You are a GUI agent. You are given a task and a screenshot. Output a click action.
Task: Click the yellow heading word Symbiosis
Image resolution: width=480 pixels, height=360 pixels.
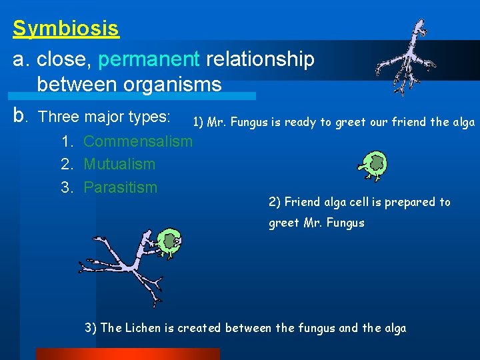click(66, 29)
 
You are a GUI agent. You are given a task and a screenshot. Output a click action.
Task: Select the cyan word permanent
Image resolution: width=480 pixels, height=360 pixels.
click(149, 59)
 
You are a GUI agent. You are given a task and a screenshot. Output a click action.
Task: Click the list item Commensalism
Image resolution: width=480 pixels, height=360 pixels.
click(137, 141)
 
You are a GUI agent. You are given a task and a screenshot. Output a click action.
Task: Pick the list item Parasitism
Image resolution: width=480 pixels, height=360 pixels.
click(120, 187)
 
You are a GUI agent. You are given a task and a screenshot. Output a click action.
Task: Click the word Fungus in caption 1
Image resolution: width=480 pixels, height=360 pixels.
click(257, 122)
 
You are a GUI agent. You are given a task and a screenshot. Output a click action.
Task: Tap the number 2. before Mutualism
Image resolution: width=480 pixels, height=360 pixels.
click(67, 164)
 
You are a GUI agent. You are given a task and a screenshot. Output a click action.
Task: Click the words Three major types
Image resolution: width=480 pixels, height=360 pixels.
click(104, 117)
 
